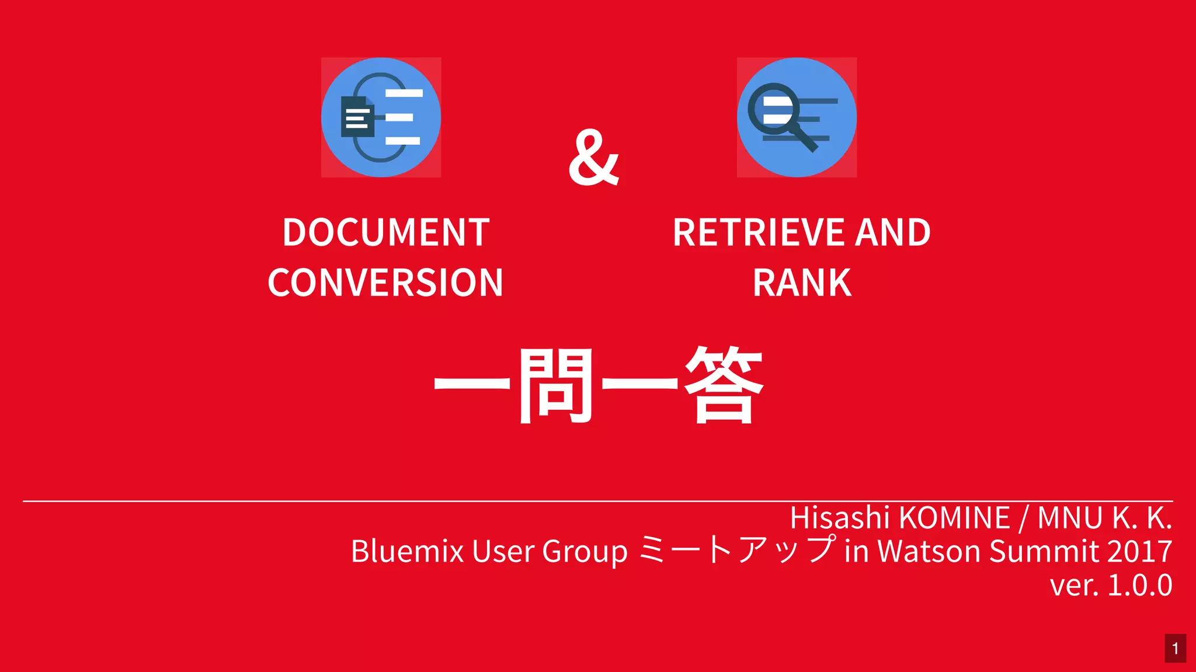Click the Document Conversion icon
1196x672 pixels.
[381, 117]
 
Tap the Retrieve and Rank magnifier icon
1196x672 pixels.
[797, 117]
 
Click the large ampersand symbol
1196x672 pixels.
[593, 158]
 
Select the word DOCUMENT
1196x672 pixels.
[385, 232]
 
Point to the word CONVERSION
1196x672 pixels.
[385, 283]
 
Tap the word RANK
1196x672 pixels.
[802, 283]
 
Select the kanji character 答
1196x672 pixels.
[724, 385]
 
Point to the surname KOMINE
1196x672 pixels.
[954, 518]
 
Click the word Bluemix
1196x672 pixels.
[407, 551]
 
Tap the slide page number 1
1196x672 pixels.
[1175, 648]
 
